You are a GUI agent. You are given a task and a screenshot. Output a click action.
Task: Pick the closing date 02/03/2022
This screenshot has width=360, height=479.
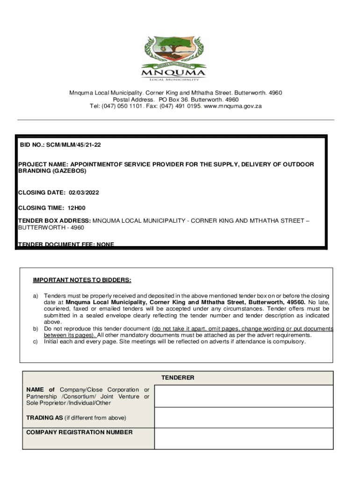[x=84, y=193]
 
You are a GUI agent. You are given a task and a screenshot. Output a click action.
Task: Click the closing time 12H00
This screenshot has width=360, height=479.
[x=77, y=208]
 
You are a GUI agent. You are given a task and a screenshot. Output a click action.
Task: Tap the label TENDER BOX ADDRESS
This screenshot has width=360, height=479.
[x=54, y=220]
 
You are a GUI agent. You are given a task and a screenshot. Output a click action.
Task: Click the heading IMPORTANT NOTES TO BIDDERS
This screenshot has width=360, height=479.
[x=82, y=280]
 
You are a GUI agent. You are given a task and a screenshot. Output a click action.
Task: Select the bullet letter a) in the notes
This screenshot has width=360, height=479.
[x=35, y=296]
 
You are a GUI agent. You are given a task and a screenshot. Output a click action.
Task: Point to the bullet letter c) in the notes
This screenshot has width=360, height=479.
[x=35, y=341]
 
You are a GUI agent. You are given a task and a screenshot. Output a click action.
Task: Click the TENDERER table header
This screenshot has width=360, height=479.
[x=178, y=377]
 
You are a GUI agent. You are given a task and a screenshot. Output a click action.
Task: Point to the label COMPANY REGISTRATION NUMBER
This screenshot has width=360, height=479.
[x=79, y=432]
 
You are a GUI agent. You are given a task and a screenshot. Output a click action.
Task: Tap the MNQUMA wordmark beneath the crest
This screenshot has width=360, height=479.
[x=173, y=73]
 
